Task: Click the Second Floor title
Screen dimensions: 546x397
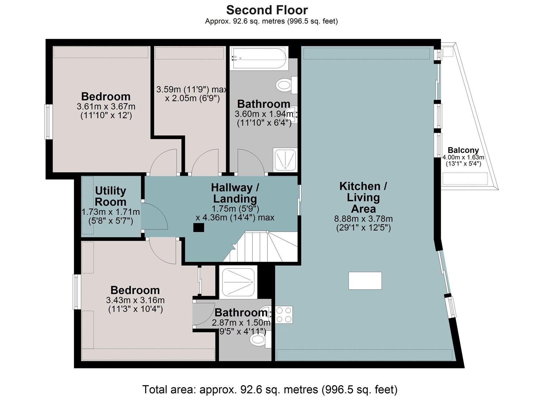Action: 267,10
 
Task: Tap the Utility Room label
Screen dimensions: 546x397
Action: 110,196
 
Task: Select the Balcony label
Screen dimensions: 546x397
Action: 463,150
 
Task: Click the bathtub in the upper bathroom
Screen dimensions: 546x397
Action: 259,58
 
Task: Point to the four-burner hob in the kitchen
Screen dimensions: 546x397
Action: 284,315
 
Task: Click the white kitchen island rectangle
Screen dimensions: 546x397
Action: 365,280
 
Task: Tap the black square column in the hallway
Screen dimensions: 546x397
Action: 199,228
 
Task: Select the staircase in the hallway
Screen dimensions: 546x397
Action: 260,247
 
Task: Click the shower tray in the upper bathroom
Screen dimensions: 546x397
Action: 285,160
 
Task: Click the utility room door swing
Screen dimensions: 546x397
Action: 154,216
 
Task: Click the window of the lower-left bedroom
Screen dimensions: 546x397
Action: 77,292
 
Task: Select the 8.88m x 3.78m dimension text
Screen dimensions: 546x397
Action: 363,219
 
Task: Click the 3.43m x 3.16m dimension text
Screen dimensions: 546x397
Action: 135,300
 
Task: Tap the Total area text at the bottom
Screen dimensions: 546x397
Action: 270,389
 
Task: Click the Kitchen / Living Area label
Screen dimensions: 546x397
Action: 363,197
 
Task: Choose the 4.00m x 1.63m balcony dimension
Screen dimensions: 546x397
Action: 463,157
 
